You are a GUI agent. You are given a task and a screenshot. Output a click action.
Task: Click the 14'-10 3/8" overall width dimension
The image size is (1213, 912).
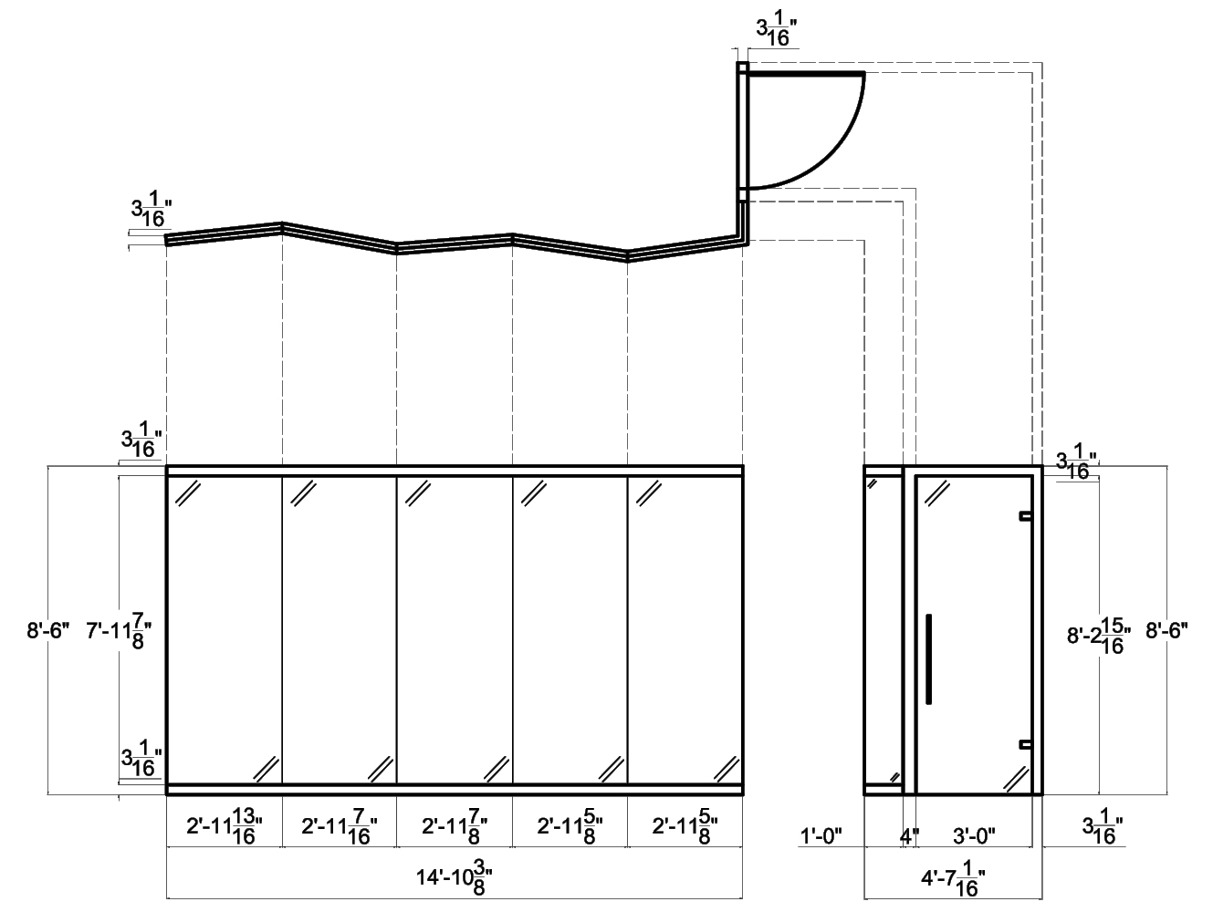coord(454,880)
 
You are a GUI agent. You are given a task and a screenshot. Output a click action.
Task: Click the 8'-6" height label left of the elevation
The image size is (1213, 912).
coord(48,630)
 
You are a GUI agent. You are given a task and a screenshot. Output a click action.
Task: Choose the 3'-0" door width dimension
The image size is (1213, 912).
coord(973,834)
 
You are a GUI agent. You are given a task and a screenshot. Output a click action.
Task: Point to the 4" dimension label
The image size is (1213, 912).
coord(909,834)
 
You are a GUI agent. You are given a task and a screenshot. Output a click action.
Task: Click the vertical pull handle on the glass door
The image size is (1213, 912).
coord(929,658)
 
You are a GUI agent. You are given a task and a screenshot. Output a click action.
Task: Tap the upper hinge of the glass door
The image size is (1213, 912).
coord(1026,516)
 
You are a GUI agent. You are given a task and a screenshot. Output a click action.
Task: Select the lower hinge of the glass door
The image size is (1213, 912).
coord(1026,744)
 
